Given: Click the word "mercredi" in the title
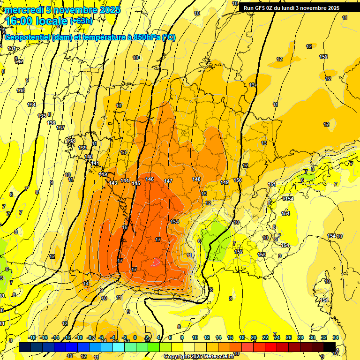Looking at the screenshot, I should tap(23, 10).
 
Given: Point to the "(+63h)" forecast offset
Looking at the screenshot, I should tap(81, 21).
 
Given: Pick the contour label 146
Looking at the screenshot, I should tap(150, 179).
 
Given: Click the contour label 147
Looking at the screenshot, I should tap(168, 181).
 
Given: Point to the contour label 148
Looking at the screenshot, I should tap(196, 179).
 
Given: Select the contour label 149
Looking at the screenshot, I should tap(225, 182).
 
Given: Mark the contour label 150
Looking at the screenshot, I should tap(238, 180).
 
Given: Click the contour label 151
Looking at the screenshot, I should tap(272, 184).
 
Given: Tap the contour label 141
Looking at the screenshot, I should tap(95, 164).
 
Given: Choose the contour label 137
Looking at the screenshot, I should tap(60, 127).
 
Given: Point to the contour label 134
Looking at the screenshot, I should tap(31, 105).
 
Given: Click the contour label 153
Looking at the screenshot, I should tap(262, 255).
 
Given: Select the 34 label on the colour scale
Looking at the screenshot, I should tap(336, 337).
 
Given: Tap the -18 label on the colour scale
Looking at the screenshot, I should tap(32, 337).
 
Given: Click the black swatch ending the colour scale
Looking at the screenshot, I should tap(330, 347).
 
